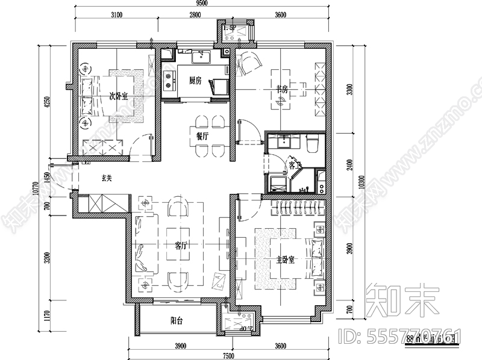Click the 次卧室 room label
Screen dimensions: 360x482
[x=117, y=96]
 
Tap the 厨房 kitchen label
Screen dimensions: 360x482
[x=195, y=81]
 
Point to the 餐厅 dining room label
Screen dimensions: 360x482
[x=202, y=136]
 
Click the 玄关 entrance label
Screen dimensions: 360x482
[x=107, y=178]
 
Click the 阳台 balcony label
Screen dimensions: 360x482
[x=177, y=321]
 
